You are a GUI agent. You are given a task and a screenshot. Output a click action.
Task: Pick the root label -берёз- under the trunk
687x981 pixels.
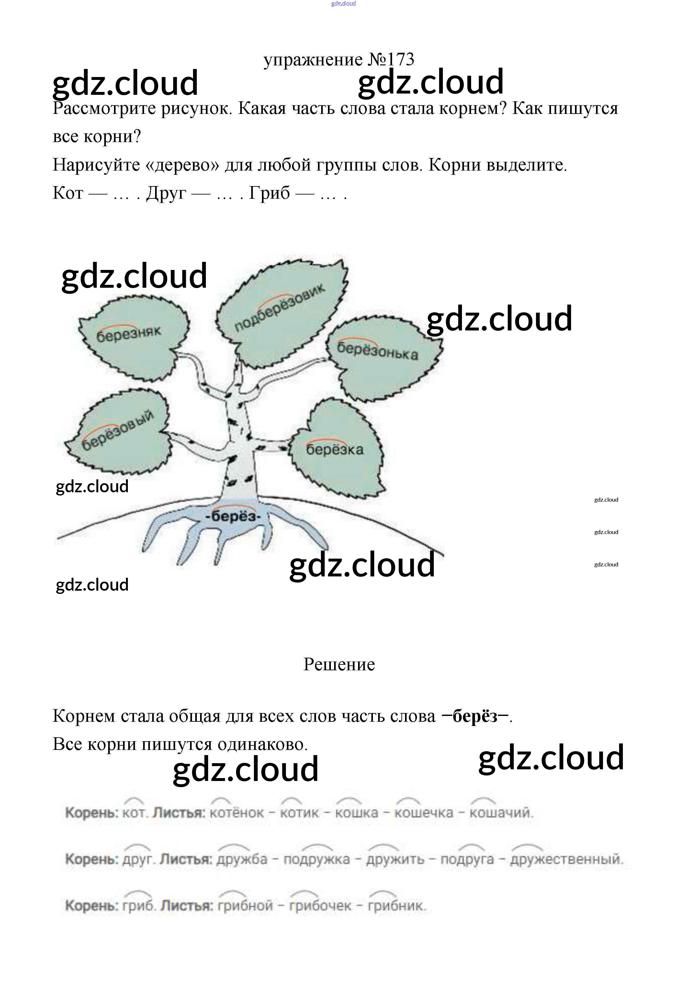click(x=233, y=517)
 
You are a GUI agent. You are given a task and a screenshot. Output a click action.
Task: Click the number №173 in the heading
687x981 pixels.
click(x=391, y=60)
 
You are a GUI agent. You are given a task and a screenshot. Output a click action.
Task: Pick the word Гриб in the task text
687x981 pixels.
click(x=269, y=193)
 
